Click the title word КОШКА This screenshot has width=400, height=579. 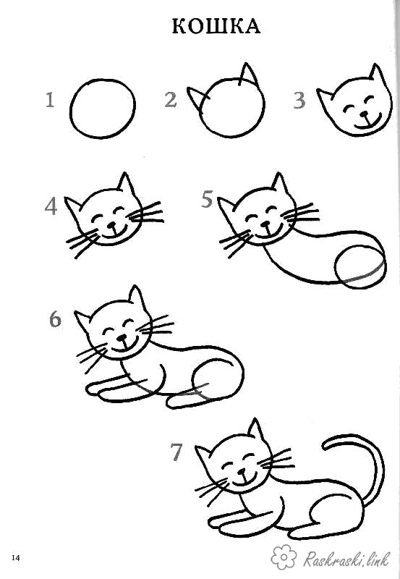pos(216,26)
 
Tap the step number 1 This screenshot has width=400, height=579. pos(50,100)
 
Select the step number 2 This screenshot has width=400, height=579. pos(171,100)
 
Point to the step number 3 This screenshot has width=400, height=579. pos(299,101)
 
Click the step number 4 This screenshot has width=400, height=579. pos(51,207)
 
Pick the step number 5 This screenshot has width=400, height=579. pos(207,199)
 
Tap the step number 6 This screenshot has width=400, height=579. pos(55,319)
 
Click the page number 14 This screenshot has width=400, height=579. pos(16,557)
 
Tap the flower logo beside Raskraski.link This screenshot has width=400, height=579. pos(284,557)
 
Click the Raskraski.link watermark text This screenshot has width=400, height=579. pos(346,559)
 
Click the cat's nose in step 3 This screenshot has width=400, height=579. pos(365,114)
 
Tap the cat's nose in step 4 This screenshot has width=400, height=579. pos(112,224)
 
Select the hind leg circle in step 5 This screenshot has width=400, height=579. pos(336,266)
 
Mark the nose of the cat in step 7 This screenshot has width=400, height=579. pos(242,472)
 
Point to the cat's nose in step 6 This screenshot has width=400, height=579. pos(122,337)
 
